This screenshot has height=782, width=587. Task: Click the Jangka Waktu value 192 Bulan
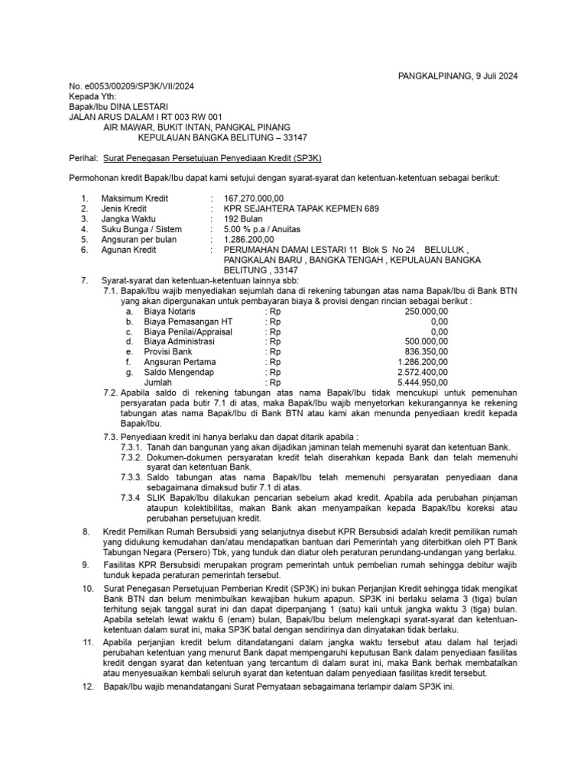[x=244, y=218]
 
